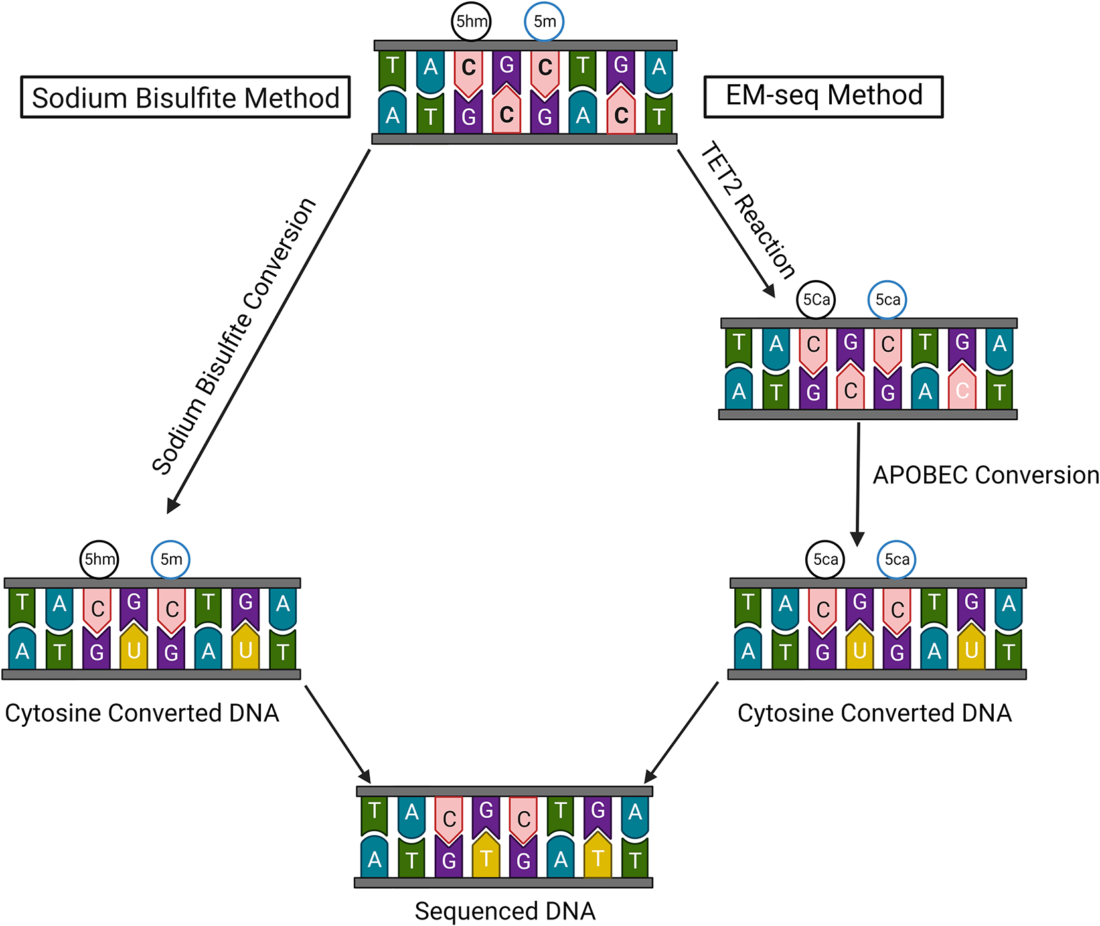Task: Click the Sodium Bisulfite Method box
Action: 185,98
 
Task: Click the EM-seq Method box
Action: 823,96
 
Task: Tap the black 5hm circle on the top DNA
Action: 471,21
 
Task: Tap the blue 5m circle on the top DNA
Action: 544,21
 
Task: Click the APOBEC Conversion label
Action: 985,475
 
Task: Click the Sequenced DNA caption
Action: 505,911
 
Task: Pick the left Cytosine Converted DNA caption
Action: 142,713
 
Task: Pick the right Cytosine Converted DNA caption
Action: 874,713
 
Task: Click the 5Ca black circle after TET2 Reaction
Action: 816,299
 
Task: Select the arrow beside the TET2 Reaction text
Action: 726,223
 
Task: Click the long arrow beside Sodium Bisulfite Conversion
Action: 269,331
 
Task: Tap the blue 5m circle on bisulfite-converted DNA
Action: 171,559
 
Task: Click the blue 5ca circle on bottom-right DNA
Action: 897,559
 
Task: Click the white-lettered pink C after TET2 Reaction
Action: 963,390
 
